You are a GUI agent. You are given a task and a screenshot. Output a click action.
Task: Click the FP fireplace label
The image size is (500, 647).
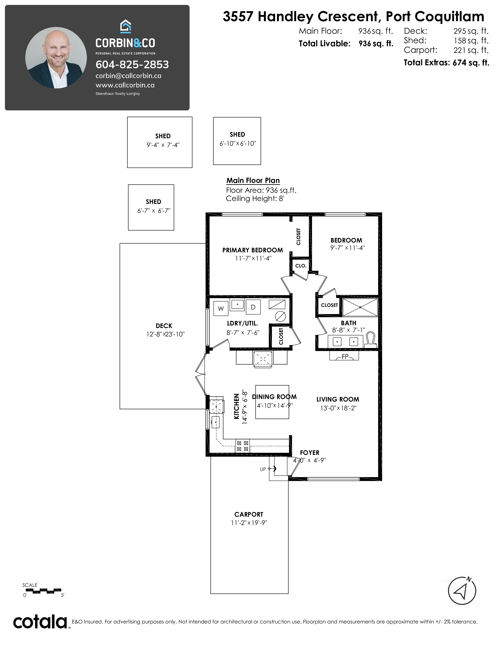click(345, 357)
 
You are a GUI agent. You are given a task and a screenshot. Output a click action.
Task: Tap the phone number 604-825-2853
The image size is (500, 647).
click(132, 65)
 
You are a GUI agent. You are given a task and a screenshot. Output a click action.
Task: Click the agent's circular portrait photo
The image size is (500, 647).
click(56, 58)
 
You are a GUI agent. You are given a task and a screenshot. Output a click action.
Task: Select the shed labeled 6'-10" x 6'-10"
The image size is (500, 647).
click(237, 141)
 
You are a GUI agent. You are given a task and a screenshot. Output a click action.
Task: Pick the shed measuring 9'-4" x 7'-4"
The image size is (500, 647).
click(160, 142)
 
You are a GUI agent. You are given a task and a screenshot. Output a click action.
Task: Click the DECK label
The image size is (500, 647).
click(164, 326)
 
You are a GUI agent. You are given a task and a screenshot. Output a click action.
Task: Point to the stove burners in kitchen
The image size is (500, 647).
click(242, 446)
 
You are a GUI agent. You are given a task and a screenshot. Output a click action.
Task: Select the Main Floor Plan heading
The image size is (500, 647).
click(253, 180)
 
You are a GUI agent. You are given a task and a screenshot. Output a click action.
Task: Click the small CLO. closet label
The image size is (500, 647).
click(301, 266)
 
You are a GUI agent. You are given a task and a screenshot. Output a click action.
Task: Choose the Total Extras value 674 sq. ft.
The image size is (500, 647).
click(471, 63)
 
